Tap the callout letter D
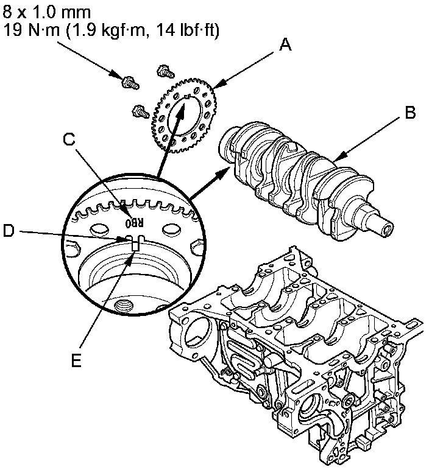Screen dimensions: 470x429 point(8,231)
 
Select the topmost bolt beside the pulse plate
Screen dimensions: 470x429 point(163,71)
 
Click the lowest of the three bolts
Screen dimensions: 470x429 point(140,111)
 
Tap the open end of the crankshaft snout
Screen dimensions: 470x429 point(386,228)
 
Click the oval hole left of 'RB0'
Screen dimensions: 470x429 point(97,230)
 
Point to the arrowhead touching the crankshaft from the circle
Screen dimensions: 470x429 point(219,172)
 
